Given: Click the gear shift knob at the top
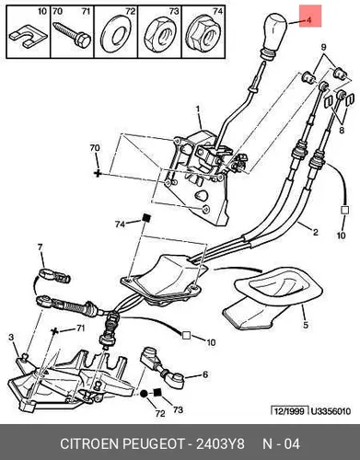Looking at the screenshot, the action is click(273, 34).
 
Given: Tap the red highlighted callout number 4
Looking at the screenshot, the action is click(308, 20).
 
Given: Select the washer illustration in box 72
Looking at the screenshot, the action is click(116, 35).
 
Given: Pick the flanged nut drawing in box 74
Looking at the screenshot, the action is click(203, 36).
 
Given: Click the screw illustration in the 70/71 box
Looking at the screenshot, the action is click(72, 35).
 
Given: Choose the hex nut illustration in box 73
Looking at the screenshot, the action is click(160, 36).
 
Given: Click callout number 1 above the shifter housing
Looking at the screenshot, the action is click(198, 109).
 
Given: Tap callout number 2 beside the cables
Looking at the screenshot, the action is click(316, 232).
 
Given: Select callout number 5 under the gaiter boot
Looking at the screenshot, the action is click(306, 325).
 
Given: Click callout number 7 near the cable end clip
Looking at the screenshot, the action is click(41, 247).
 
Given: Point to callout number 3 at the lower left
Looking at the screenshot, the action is click(11, 338).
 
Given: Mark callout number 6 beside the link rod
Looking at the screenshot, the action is click(205, 374).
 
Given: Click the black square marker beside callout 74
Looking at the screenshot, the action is click(146, 218).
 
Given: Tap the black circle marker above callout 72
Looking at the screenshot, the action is click(144, 394).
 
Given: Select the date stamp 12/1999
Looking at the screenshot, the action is click(289, 410).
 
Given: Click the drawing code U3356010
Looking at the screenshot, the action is click(331, 411).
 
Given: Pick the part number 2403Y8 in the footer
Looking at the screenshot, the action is click(221, 443).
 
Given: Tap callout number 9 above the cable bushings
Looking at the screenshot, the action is click(324, 47).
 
